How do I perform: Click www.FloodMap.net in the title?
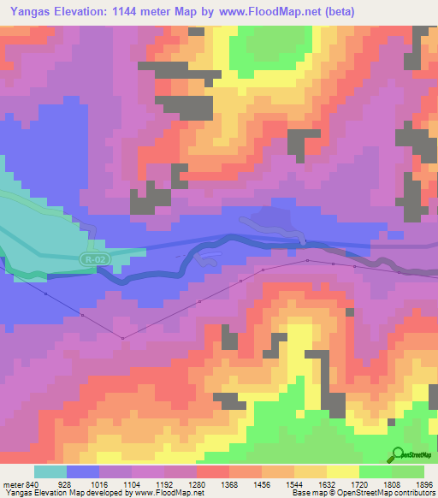[268, 11]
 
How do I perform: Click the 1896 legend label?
[423, 483]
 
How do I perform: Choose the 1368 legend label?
[229, 483]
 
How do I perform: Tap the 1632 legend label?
[326, 483]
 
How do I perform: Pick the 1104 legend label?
[133, 483]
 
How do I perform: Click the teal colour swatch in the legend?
[50, 471]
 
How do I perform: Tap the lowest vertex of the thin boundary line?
[122, 339]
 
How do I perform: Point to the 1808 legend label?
[390, 483]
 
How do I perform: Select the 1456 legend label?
[262, 483]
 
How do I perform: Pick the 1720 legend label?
[358, 483]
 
